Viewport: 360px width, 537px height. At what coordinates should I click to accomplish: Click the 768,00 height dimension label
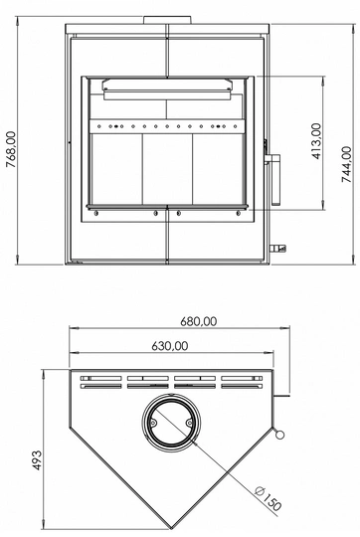pos(11,149)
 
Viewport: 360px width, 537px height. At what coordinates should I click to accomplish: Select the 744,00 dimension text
pos(346,164)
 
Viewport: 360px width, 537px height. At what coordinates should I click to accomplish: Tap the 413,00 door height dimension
pos(317,141)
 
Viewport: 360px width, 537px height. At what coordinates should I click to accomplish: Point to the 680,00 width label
pos(199,321)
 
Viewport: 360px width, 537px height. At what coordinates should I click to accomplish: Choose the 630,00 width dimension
pos(170,346)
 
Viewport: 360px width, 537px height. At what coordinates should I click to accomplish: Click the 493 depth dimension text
pos(37,460)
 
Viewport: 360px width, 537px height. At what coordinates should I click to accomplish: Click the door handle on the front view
pos(273,178)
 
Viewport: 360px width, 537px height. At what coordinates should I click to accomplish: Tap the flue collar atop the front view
pos(167,20)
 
